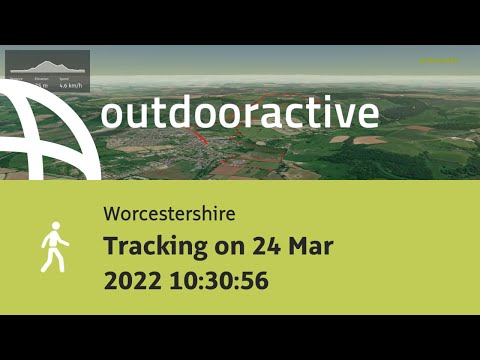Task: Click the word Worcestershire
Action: tap(169, 215)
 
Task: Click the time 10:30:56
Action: tap(220, 281)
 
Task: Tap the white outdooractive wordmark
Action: tap(240, 114)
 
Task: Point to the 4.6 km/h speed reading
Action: tap(70, 86)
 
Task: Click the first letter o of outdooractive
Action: tap(113, 116)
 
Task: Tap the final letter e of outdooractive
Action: tap(367, 116)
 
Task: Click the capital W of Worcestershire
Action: tap(111, 215)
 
